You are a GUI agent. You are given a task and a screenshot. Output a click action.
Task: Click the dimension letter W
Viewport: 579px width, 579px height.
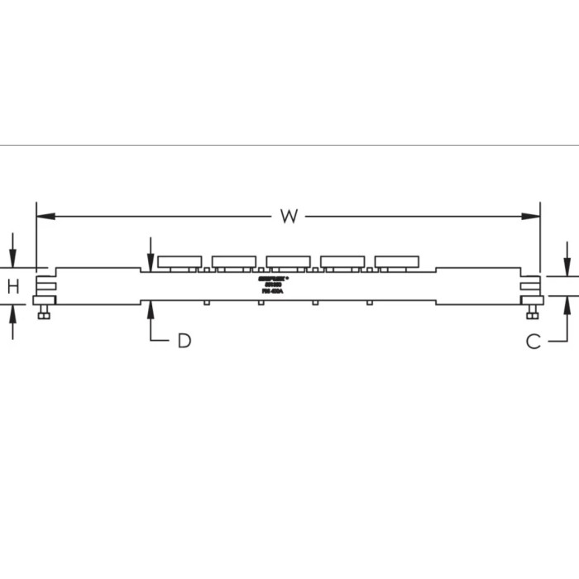pos(288,217)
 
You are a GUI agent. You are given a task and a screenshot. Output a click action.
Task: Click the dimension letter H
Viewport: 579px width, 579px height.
pos(13,287)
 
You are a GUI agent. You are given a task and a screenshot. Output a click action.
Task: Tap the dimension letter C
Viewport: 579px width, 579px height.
pos(534,340)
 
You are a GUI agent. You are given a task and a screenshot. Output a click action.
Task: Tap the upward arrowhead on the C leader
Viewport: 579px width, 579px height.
pos(565,305)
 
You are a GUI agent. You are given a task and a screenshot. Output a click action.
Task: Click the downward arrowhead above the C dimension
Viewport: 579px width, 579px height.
pos(565,267)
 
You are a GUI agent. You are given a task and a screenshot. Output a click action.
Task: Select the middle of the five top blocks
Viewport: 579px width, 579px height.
pos(289,261)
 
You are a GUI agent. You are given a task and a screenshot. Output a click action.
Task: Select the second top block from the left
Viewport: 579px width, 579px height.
pos(234,261)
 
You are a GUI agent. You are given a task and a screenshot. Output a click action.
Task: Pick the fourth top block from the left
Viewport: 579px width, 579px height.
pos(343,261)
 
